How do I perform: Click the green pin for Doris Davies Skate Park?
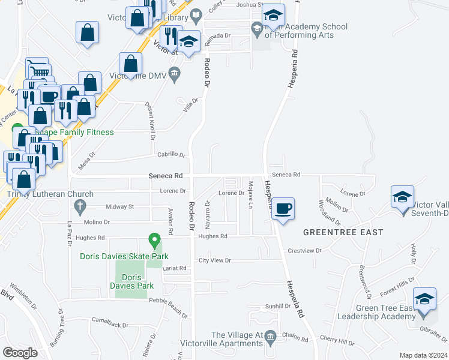click(x=154, y=241)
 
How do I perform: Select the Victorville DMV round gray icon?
click(x=175, y=75)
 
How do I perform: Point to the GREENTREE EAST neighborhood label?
click(x=334, y=232)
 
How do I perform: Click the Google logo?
click(x=20, y=353)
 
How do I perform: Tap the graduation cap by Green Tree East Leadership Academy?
click(x=424, y=299)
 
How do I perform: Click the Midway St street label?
click(x=119, y=206)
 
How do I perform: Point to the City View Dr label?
click(x=215, y=260)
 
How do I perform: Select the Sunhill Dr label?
click(x=278, y=306)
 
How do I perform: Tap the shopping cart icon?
click(x=38, y=70)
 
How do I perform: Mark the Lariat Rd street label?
click(x=175, y=268)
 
